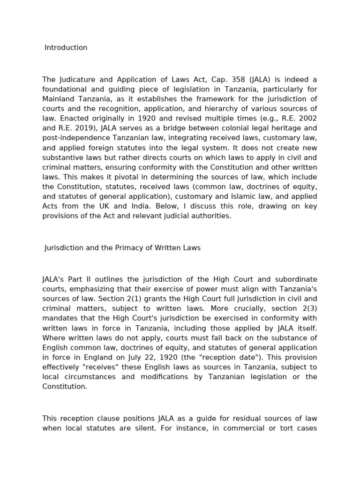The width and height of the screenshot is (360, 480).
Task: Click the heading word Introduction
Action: (x=66, y=47)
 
